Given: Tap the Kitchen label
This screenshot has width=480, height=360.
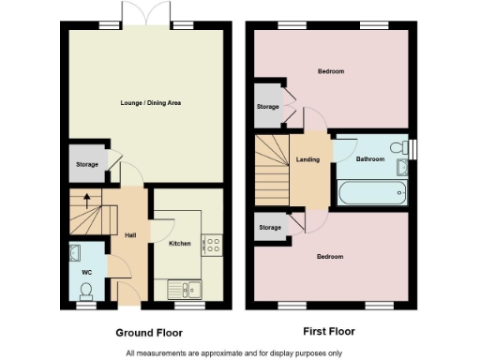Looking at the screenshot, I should [x=179, y=244].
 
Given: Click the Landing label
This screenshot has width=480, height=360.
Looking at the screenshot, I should [x=307, y=159].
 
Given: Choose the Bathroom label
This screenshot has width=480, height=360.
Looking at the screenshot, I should [x=369, y=159].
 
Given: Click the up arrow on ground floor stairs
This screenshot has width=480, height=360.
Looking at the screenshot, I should [x=86, y=199].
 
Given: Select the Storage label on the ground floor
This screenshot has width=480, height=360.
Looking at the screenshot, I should [x=86, y=165].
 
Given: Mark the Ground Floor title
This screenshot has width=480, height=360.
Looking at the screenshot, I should [x=148, y=332].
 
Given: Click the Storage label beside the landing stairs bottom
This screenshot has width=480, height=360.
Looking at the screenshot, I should [x=270, y=228].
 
